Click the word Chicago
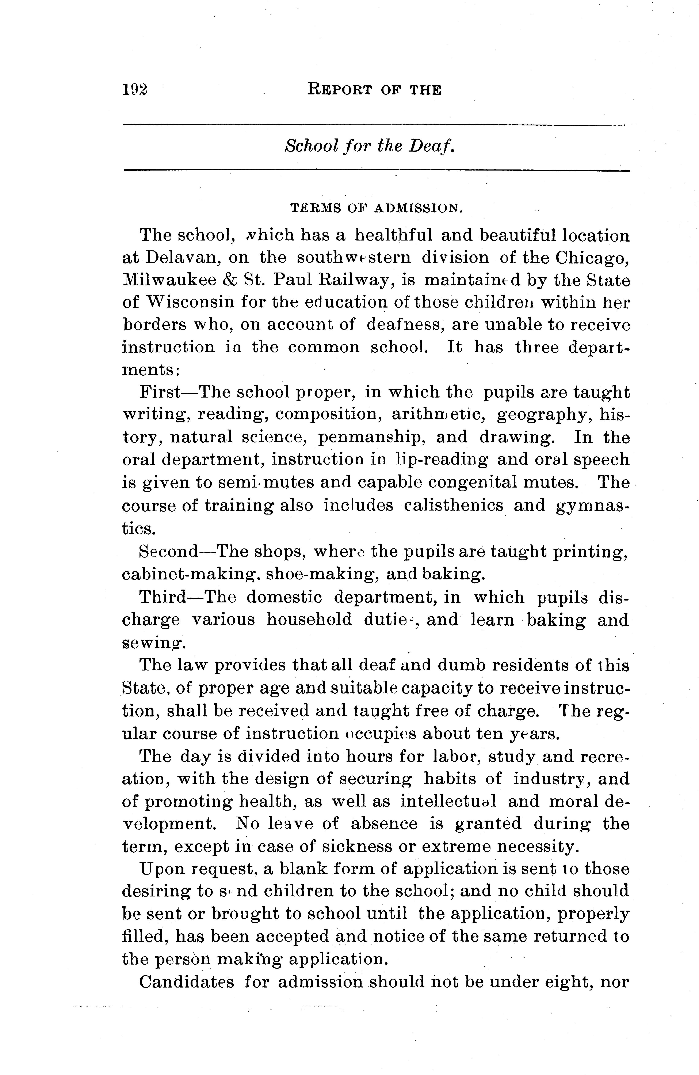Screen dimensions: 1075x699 (x=593, y=257)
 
